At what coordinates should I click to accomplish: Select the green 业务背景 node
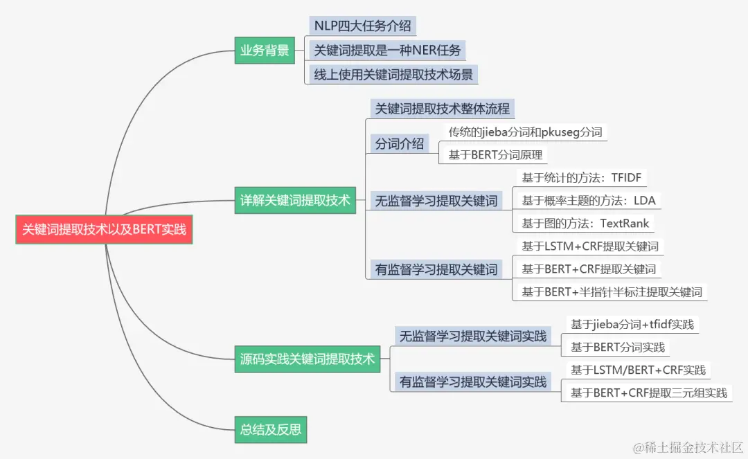pos(265,50)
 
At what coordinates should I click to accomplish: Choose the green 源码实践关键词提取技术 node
pos(308,359)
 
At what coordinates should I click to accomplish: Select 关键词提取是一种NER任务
pos(386,50)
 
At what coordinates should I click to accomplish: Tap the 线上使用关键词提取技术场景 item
pos(393,73)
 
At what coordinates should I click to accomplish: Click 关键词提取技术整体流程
pos(442,109)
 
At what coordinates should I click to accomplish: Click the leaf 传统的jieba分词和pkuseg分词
pos(525,132)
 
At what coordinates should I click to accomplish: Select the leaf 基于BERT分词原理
pos(496,155)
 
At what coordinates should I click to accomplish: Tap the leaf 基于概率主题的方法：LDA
pos(589,201)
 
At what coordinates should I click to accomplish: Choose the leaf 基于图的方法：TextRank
pos(586,224)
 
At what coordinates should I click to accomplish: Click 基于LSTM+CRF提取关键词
pos(590,246)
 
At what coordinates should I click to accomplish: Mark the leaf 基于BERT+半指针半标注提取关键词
pos(612,291)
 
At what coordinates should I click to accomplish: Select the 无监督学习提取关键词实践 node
pos(473,336)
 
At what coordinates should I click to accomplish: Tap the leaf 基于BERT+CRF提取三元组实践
pos(648,393)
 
